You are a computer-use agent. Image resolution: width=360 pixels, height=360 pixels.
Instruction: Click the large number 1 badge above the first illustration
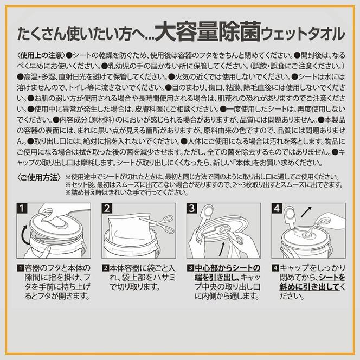(21, 208)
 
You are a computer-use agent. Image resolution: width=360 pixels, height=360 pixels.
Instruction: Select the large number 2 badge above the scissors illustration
(106, 208)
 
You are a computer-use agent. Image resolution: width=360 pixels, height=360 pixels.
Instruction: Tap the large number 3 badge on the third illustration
(192, 208)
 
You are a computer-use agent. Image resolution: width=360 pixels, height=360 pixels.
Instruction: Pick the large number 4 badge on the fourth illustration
(278, 208)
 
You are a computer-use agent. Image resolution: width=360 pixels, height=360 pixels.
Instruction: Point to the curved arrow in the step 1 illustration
(23, 235)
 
